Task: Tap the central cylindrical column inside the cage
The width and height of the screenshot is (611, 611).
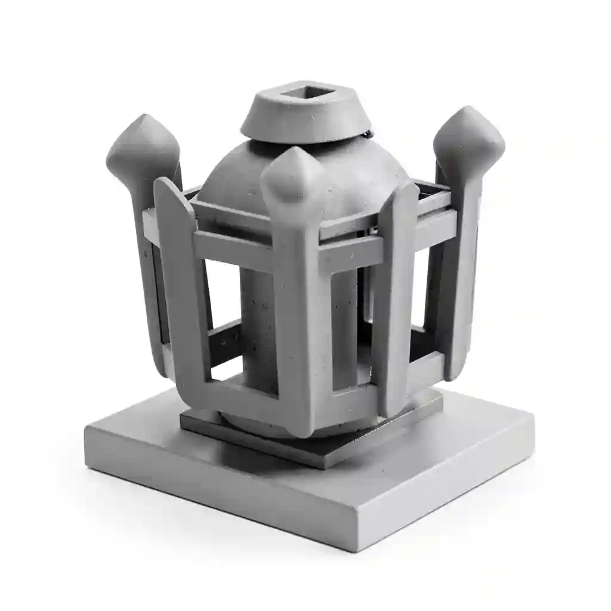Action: coord(258,328)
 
